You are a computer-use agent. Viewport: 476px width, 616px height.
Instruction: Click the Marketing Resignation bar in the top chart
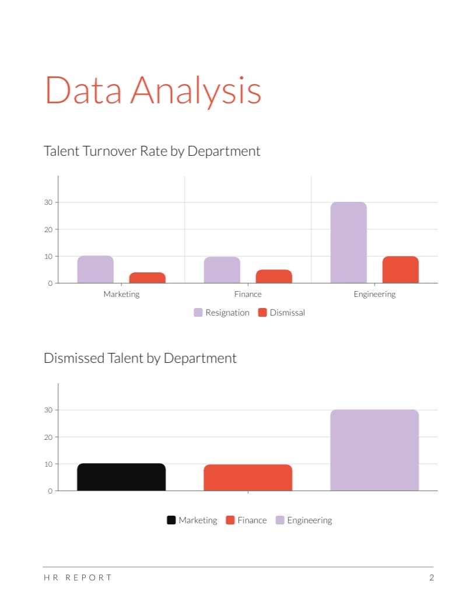pyautogui.click(x=95, y=269)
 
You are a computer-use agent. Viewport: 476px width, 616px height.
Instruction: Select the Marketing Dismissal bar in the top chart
pyautogui.click(x=147, y=278)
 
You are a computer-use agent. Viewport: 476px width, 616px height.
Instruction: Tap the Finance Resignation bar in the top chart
pyautogui.click(x=222, y=270)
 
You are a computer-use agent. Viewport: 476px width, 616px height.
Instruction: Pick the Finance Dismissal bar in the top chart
pyautogui.click(x=274, y=276)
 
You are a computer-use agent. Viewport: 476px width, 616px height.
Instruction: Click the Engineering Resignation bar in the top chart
pyautogui.click(x=348, y=243)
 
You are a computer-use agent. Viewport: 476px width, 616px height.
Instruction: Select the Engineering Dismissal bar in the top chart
pyautogui.click(x=400, y=269)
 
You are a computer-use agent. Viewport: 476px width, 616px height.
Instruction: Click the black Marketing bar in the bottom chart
pyautogui.click(x=121, y=477)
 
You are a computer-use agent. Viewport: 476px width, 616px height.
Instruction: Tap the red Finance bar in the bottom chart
pyautogui.click(x=248, y=478)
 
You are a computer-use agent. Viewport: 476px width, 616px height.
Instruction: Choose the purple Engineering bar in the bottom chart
pyautogui.click(x=374, y=450)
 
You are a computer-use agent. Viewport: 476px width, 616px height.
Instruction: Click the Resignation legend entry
pyautogui.click(x=222, y=313)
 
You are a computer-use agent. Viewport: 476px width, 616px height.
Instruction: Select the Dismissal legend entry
pyautogui.click(x=281, y=313)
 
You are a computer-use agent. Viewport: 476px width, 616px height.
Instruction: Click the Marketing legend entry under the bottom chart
pyautogui.click(x=192, y=520)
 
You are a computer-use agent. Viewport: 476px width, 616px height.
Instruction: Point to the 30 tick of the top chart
pyautogui.click(x=49, y=202)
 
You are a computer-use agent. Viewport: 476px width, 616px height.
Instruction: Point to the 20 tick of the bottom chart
pyautogui.click(x=49, y=437)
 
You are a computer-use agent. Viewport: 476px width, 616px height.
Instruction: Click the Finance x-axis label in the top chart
pyautogui.click(x=248, y=295)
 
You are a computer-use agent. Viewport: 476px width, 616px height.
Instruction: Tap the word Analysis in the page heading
pyautogui.click(x=195, y=90)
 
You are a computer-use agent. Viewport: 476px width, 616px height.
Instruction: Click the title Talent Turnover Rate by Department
pyautogui.click(x=152, y=151)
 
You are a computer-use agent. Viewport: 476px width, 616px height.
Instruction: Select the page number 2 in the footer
pyautogui.click(x=431, y=578)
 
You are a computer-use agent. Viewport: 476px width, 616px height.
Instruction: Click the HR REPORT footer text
pyautogui.click(x=78, y=578)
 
